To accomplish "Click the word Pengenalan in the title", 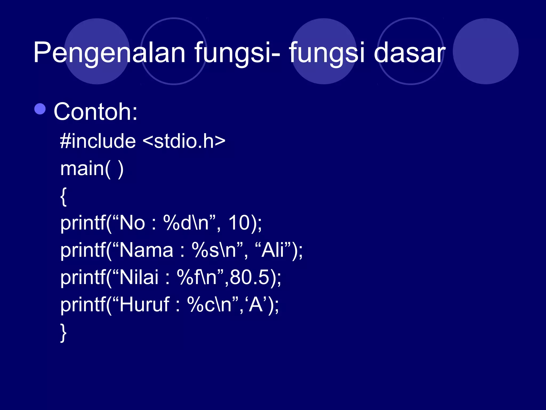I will pyautogui.click(x=109, y=53).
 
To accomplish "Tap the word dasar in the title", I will pyautogui.click(x=409, y=53).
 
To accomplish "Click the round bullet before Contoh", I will pyautogui.click(x=40, y=109).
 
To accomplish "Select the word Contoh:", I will pyautogui.click(x=95, y=112).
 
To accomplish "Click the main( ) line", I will pyautogui.click(x=92, y=169).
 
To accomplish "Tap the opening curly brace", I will pyautogui.click(x=63, y=196).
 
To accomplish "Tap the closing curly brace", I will pyautogui.click(x=63, y=333).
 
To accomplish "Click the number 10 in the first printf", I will pyautogui.click(x=239, y=223).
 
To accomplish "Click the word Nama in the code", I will pyautogui.click(x=146, y=250).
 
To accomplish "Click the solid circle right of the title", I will pyautogui.click(x=485, y=51).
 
